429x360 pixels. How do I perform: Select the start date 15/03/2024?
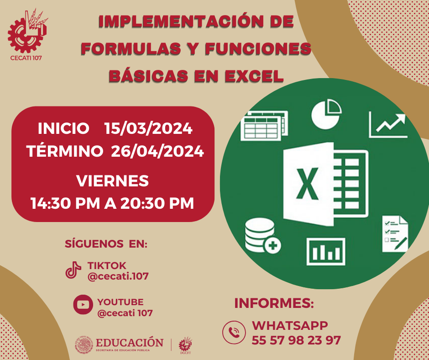point(148,129)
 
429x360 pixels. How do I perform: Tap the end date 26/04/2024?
point(157,152)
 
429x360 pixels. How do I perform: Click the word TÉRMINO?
point(65,152)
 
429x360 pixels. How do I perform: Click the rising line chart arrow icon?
point(388,125)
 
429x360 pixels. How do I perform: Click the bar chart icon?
point(325,251)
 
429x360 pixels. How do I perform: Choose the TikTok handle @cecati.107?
point(118,276)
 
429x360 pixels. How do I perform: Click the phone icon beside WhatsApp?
point(234,332)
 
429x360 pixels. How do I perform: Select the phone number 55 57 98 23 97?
point(296,340)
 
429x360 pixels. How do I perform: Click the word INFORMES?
point(274,303)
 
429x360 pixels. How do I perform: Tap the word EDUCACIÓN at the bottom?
point(130,343)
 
